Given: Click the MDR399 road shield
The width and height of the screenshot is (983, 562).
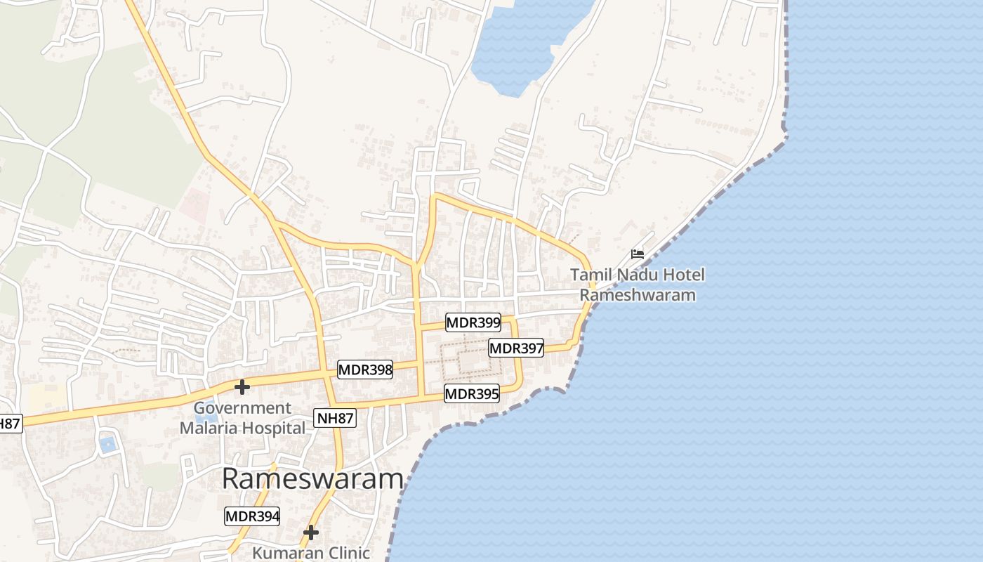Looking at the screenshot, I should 473,323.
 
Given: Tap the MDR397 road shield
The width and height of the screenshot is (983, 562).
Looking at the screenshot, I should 516,348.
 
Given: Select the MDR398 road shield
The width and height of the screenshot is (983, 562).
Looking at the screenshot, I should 365,370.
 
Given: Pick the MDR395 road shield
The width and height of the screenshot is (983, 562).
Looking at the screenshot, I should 472,394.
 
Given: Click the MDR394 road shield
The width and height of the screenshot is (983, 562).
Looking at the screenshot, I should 252,516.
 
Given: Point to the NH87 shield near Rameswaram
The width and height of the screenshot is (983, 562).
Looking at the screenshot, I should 336,419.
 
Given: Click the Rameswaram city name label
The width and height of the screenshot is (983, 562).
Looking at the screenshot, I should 312,479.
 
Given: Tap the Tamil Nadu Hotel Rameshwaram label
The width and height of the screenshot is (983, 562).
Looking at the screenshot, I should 638,285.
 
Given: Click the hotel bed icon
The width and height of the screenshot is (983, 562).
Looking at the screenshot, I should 638,254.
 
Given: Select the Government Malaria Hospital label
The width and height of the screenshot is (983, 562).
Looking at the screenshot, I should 242,418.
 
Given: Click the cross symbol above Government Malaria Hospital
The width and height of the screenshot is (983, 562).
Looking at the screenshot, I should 242,387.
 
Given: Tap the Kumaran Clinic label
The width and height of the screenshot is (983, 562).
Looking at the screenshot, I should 311,553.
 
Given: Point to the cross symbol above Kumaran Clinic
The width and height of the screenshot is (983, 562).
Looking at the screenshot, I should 311,533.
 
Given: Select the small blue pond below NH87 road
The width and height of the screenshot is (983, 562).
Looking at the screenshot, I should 107,444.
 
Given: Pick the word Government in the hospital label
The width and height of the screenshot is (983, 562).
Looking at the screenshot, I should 242,408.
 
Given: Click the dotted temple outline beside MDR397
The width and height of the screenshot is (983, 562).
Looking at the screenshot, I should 470,362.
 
